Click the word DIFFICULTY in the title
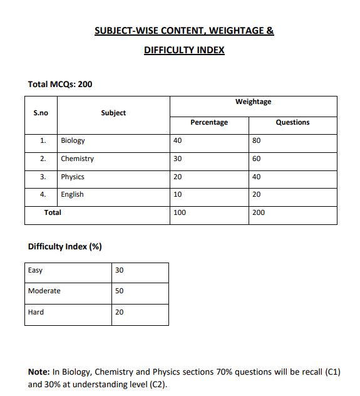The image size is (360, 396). [x=166, y=50]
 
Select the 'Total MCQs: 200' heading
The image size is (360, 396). [x=60, y=84]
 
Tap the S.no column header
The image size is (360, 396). [x=40, y=113]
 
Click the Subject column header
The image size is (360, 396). [x=113, y=113]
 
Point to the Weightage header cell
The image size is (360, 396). [x=253, y=102]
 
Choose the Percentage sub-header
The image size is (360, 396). [x=209, y=122]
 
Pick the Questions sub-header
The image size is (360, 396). [x=292, y=122]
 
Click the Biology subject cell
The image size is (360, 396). [x=73, y=140]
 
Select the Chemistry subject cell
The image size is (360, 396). [x=77, y=159]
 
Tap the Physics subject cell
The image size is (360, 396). [x=73, y=177]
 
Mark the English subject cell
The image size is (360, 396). [x=72, y=194]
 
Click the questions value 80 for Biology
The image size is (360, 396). [x=256, y=140]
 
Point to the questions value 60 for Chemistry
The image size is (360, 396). [x=256, y=159]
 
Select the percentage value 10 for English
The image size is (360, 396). [x=178, y=194]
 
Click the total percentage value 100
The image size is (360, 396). [x=180, y=212]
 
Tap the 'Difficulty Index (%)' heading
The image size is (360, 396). [x=65, y=246]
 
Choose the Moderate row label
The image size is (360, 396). [x=44, y=291]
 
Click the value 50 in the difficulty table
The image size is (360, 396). [x=120, y=291]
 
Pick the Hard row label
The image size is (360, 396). [x=36, y=311]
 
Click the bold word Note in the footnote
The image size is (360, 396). [x=39, y=372]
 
